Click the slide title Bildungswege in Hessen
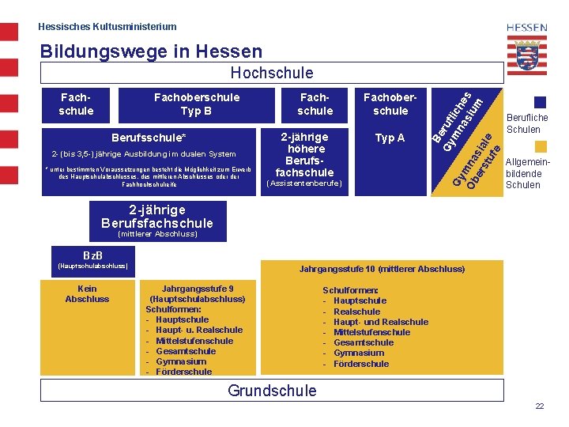[x=150, y=51]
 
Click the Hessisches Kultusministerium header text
[x=107, y=27]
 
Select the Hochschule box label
[x=271, y=73]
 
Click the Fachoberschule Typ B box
[x=196, y=104]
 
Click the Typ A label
[x=390, y=138]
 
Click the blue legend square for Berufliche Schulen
[x=540, y=102]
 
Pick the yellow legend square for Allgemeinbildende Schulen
[x=540, y=146]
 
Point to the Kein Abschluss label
[x=87, y=293]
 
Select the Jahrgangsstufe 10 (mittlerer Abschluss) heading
[x=382, y=269]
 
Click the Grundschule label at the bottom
[x=271, y=390]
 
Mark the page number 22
[x=539, y=406]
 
